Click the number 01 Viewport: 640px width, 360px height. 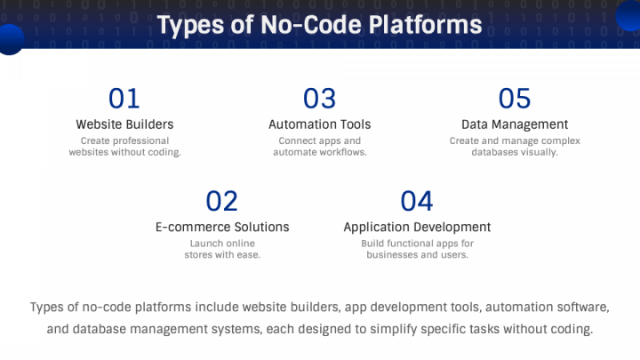coord(124,98)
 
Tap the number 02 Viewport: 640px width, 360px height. coord(222,201)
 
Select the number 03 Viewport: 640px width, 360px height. coord(319,98)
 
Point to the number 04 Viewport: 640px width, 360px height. coord(417,201)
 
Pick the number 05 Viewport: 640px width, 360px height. coord(515,98)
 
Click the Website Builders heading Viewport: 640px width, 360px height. coord(124,124)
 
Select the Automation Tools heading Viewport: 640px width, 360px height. coord(319,124)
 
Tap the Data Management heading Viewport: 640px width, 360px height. coord(515,124)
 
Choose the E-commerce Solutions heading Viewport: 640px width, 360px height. coord(222,228)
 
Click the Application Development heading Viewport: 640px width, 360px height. coord(417,228)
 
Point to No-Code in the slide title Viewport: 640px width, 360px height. coord(300,26)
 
